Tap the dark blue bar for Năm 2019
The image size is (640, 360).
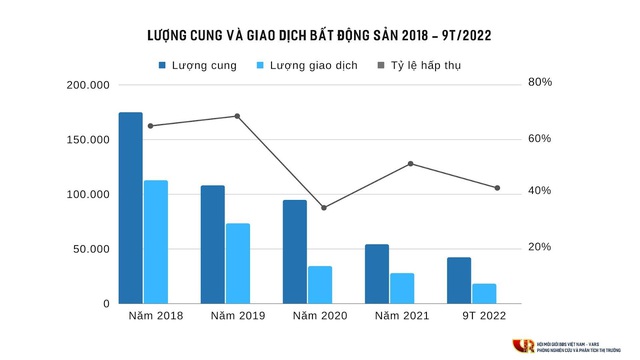click(x=212, y=244)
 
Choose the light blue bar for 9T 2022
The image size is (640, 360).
click(x=484, y=293)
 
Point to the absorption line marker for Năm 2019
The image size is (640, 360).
click(x=237, y=116)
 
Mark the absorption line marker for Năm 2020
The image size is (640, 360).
click(x=323, y=208)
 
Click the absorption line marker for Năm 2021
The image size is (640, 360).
click(x=410, y=163)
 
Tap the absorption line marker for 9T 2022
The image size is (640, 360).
click(x=497, y=188)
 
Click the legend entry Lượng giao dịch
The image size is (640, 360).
click(x=306, y=65)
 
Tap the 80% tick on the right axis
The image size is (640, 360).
click(x=540, y=82)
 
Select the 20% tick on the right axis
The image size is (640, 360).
click(x=540, y=247)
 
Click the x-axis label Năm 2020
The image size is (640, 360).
click(x=319, y=316)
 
